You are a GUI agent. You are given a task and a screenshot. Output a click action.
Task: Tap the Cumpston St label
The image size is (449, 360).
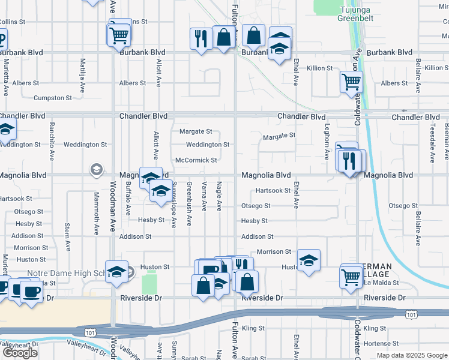53,97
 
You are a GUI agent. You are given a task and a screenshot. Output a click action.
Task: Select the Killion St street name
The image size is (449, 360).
319,69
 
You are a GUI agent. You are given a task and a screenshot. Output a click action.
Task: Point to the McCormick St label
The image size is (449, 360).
196,160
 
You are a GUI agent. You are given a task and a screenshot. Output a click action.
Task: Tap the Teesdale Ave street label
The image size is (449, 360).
432,139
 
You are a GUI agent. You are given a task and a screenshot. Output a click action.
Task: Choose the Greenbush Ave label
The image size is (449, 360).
189,203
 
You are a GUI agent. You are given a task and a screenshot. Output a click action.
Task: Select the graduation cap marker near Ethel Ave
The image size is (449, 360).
309,260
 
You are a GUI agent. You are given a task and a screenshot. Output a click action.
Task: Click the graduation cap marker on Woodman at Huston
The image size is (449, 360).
116,271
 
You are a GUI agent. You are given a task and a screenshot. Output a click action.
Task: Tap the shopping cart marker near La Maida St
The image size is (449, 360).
351,277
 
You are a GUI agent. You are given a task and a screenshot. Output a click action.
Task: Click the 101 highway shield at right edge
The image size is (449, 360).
411,314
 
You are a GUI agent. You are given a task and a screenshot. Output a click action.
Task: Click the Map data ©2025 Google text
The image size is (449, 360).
411,355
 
